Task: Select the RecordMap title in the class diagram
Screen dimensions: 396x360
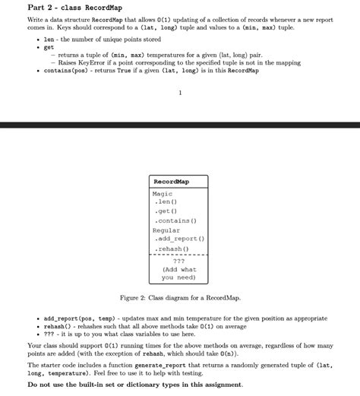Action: (171, 182)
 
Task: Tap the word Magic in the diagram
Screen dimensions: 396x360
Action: (163, 194)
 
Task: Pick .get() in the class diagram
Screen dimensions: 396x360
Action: (166, 211)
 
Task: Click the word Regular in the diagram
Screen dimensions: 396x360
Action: (166, 230)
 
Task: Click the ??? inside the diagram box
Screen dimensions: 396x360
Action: (179, 260)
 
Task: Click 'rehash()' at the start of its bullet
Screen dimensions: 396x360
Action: (57, 325)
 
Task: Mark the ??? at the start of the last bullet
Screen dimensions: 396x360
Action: (49, 334)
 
